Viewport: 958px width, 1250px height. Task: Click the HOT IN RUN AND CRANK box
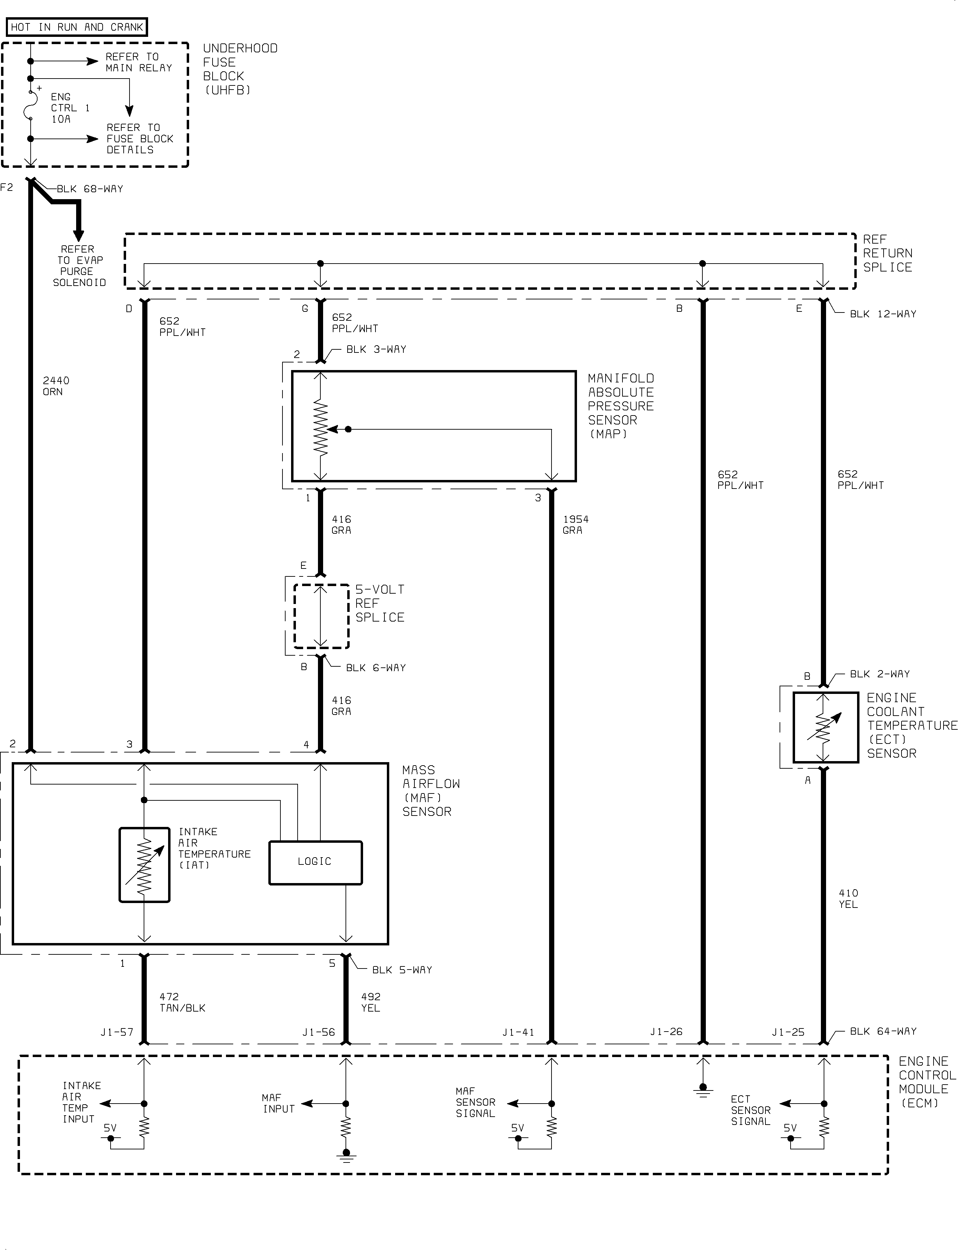point(77,27)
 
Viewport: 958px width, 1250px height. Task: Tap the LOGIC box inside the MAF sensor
point(315,863)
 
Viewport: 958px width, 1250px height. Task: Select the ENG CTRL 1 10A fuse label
point(70,108)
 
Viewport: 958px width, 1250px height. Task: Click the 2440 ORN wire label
point(56,386)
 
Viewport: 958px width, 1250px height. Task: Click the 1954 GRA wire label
point(575,525)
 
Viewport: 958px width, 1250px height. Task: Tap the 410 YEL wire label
point(848,898)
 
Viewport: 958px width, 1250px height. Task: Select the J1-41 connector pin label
point(518,1032)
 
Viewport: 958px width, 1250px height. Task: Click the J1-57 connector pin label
point(117,1032)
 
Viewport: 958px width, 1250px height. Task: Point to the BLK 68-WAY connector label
point(90,189)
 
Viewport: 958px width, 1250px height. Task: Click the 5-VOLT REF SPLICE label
point(380,603)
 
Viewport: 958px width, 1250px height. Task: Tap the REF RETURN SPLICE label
point(887,253)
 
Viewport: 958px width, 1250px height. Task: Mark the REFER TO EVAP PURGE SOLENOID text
point(79,266)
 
